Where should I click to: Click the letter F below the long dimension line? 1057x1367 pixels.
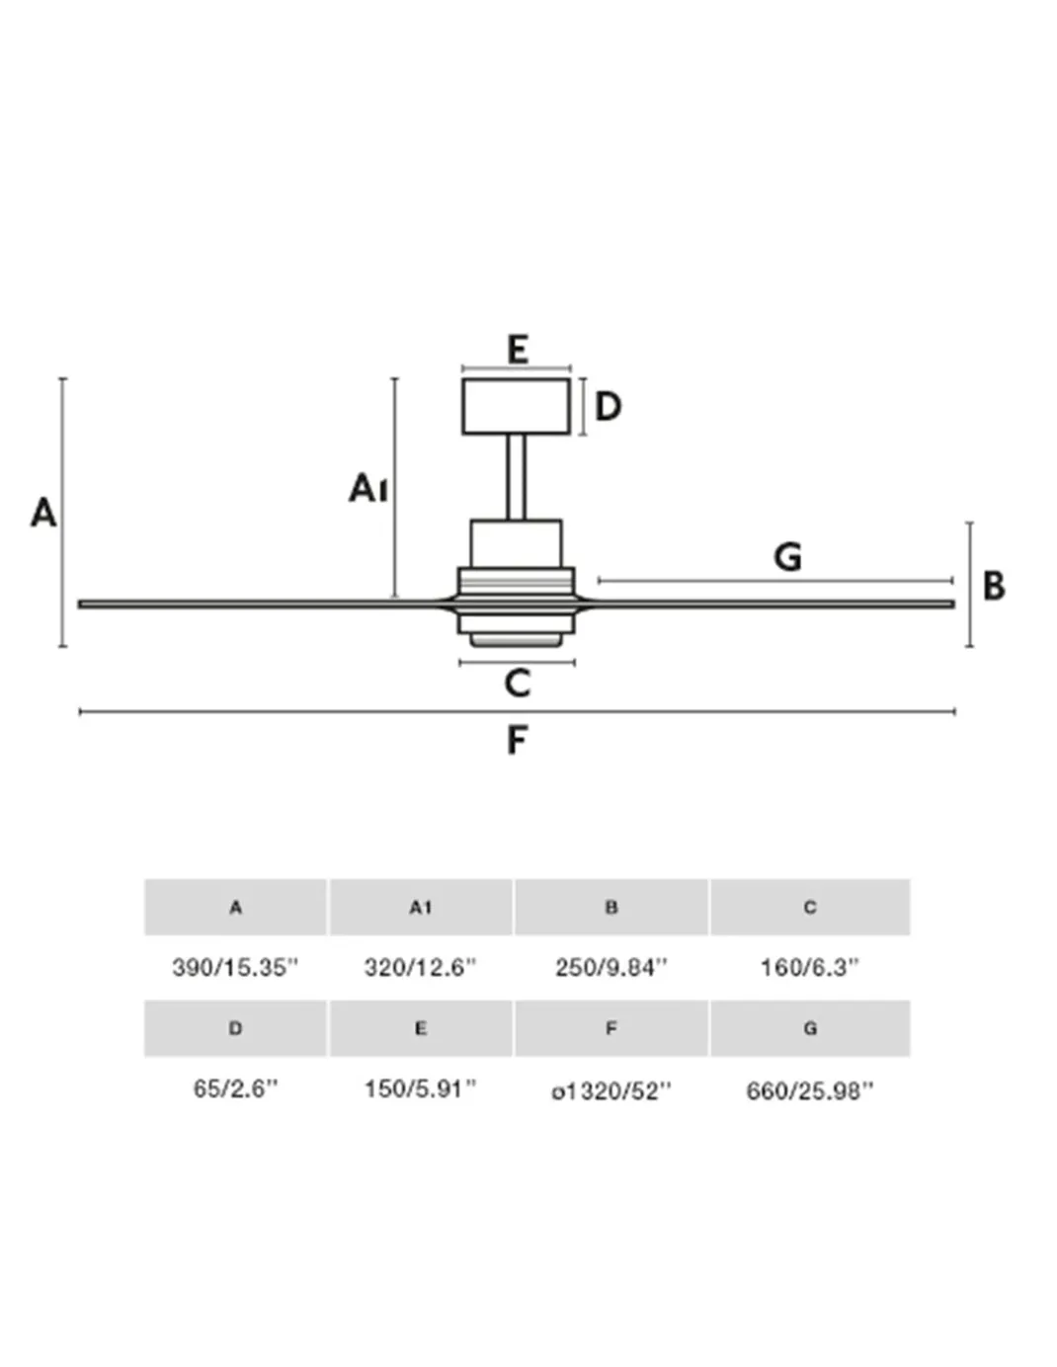click(x=516, y=740)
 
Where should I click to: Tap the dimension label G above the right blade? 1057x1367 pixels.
click(x=787, y=557)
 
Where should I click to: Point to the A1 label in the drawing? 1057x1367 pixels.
click(x=368, y=488)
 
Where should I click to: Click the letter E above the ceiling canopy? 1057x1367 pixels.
click(x=518, y=350)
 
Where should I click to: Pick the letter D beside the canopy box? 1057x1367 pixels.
click(x=608, y=406)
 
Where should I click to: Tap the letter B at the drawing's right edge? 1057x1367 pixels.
click(x=994, y=586)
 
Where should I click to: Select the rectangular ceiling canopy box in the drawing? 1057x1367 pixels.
click(x=516, y=406)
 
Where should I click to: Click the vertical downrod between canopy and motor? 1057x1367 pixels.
click(x=516, y=477)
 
